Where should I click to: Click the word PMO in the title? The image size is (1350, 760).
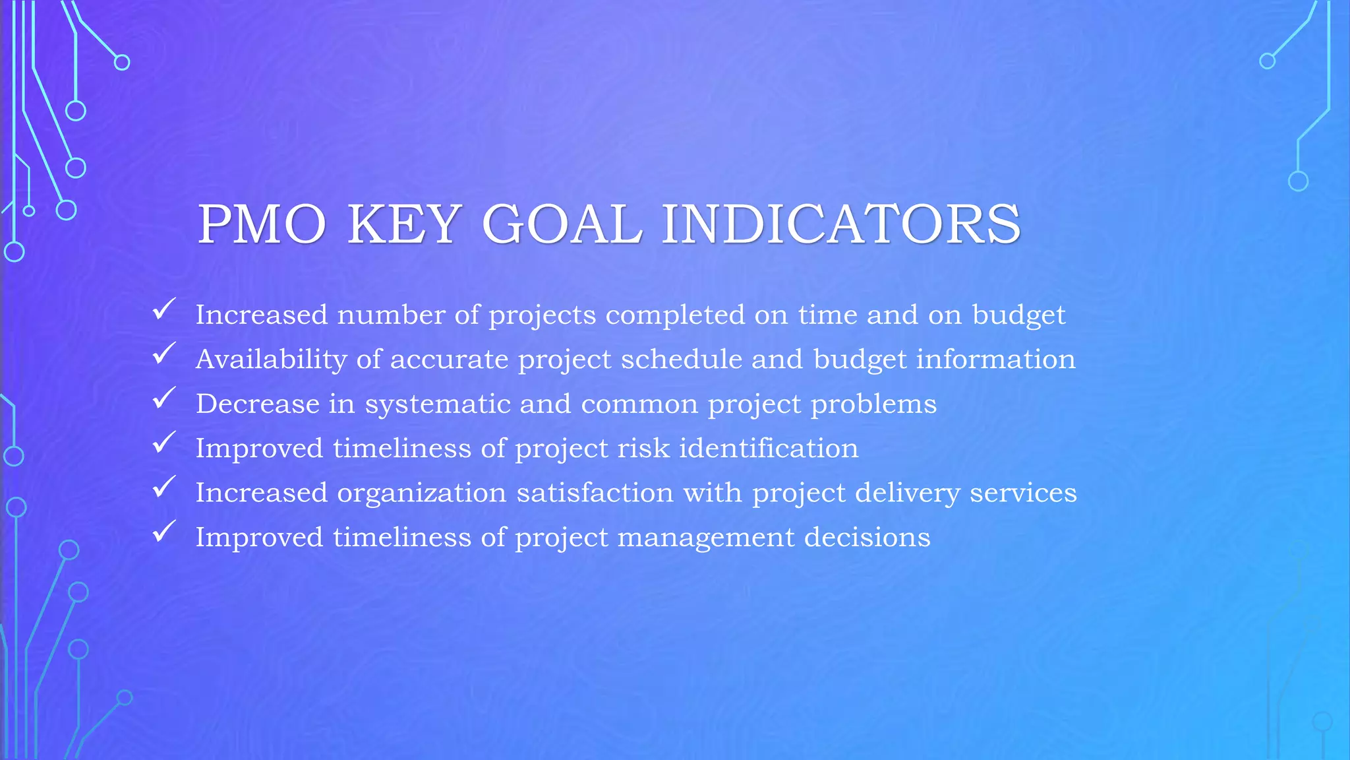click(x=262, y=224)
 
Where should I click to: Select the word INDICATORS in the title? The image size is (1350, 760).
click(x=841, y=224)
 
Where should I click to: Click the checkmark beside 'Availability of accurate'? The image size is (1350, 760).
click(x=163, y=354)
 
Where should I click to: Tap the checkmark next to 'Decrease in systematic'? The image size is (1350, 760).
click(x=163, y=398)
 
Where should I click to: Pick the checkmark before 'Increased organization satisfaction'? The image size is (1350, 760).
click(x=163, y=487)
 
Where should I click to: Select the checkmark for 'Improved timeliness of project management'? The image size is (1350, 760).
click(x=163, y=531)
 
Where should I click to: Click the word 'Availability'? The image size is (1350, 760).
click(x=271, y=360)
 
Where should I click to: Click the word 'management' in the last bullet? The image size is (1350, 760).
click(x=706, y=538)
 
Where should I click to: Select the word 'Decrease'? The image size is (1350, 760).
click(x=257, y=404)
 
